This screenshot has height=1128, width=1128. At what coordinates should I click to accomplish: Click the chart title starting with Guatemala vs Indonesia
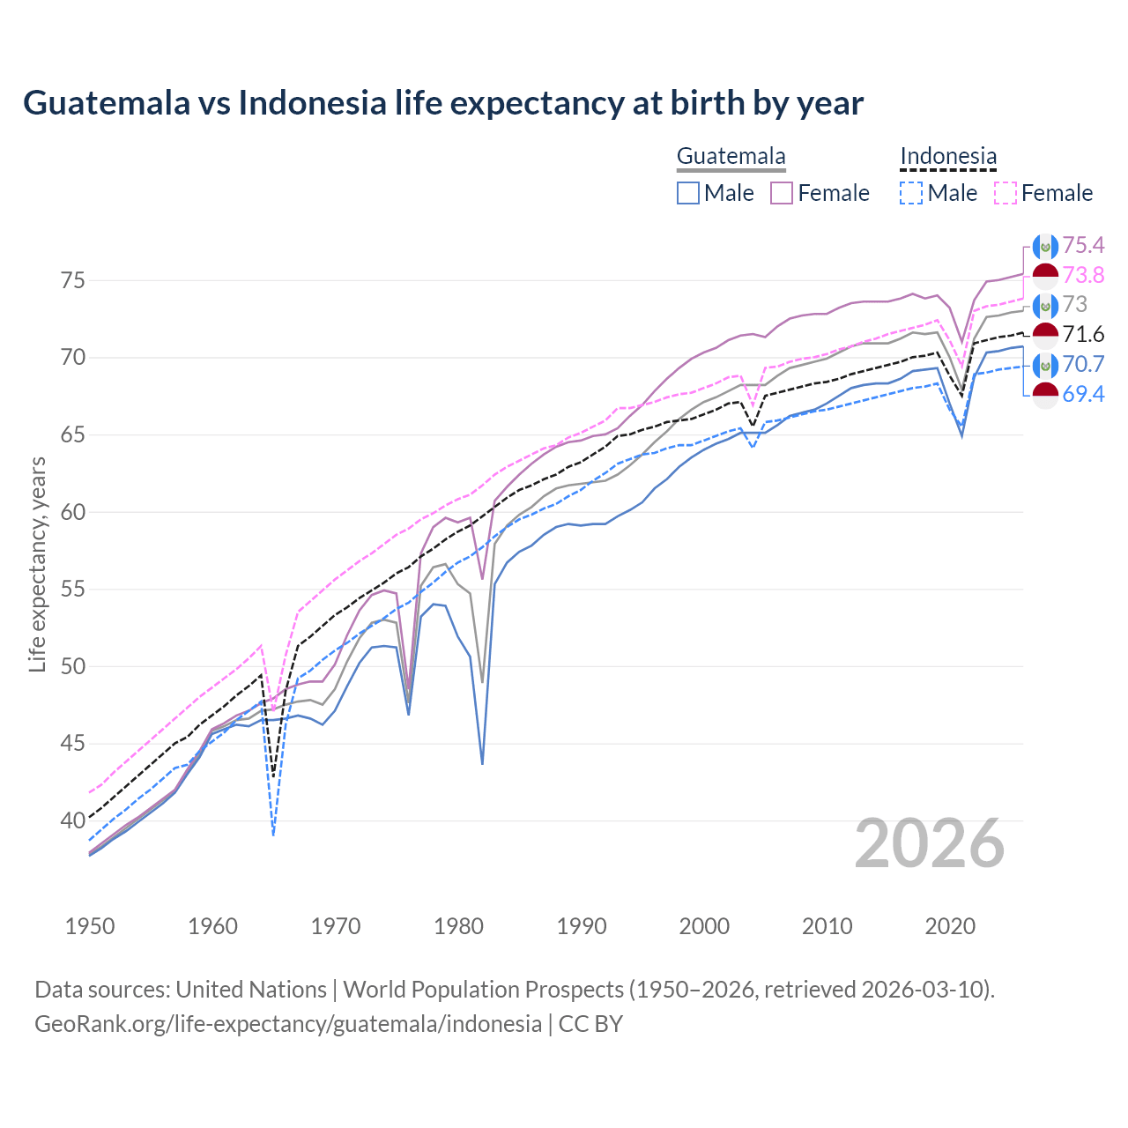(443, 103)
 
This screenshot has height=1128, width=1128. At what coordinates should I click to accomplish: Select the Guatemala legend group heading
(731, 157)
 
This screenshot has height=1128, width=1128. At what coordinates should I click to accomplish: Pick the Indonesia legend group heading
(948, 157)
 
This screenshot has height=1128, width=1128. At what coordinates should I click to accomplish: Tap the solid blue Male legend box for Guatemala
(688, 193)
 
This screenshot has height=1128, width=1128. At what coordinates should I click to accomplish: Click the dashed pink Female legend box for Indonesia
(1006, 193)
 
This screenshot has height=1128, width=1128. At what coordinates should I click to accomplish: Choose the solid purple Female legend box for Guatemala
(782, 193)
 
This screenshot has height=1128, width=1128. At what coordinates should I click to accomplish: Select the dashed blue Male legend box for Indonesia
(911, 193)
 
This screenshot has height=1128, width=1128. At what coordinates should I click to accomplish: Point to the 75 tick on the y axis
(73, 281)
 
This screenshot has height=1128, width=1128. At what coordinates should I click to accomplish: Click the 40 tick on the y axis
(73, 820)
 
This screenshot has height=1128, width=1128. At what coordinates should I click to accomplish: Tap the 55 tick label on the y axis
(73, 590)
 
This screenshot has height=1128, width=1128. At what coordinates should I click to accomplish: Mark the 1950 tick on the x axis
(90, 926)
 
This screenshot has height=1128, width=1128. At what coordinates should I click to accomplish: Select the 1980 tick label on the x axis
(458, 926)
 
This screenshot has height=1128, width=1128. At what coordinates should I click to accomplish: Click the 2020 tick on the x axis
(950, 926)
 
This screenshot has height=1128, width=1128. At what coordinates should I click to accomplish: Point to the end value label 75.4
(1083, 245)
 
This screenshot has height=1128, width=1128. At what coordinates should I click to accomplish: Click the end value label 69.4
(1083, 394)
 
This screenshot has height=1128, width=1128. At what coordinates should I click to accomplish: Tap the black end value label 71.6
(1083, 334)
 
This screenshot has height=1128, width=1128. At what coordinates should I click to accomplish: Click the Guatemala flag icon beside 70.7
(1045, 365)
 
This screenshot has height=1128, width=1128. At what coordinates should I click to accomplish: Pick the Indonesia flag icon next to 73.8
(1045, 276)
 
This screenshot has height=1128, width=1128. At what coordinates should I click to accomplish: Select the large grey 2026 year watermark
(930, 843)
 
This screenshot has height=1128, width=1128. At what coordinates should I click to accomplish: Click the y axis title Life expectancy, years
(37, 564)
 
